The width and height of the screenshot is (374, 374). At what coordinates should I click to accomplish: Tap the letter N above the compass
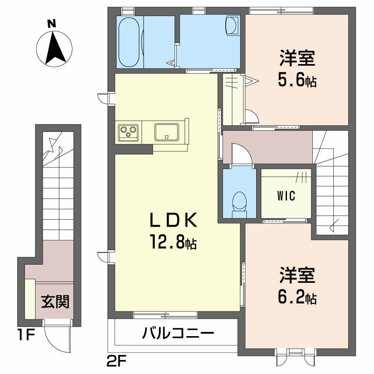(51, 24)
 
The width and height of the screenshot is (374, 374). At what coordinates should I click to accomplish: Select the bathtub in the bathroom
(129, 42)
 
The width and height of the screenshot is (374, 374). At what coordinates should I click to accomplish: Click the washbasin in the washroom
(232, 26)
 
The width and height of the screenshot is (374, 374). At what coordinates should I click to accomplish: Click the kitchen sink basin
(166, 132)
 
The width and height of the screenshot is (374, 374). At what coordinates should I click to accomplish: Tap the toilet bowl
(239, 201)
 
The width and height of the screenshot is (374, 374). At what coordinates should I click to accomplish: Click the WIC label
(286, 196)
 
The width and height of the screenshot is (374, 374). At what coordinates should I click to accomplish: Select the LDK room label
(173, 220)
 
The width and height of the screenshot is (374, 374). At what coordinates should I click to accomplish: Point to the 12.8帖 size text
(173, 241)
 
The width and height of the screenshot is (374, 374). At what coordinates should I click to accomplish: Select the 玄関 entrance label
(55, 302)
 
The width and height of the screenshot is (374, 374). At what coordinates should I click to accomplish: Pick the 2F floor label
(116, 362)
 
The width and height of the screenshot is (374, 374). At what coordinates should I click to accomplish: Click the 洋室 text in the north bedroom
(297, 58)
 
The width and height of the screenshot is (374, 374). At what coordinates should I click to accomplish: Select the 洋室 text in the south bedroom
(297, 275)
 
